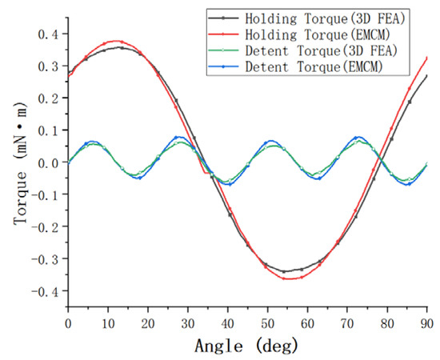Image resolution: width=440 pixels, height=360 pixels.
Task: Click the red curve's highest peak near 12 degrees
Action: [118, 41]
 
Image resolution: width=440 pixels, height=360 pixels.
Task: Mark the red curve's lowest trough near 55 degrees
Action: [288, 278]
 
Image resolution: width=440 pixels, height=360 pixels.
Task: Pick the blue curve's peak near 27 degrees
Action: [178, 137]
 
